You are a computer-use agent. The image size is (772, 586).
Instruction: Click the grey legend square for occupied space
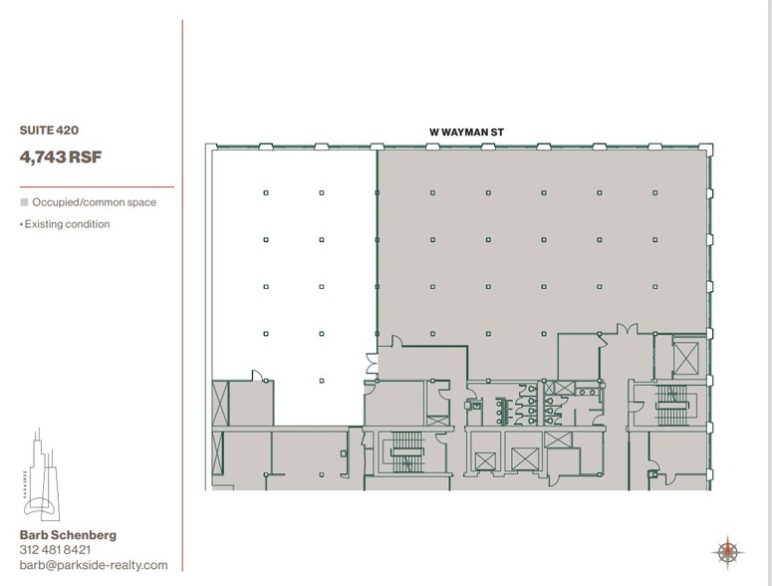(24, 202)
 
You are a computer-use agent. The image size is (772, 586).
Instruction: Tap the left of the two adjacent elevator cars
(484, 459)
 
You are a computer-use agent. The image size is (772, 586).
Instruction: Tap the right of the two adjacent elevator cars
(524, 459)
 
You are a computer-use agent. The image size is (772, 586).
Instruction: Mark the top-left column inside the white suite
(266, 192)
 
